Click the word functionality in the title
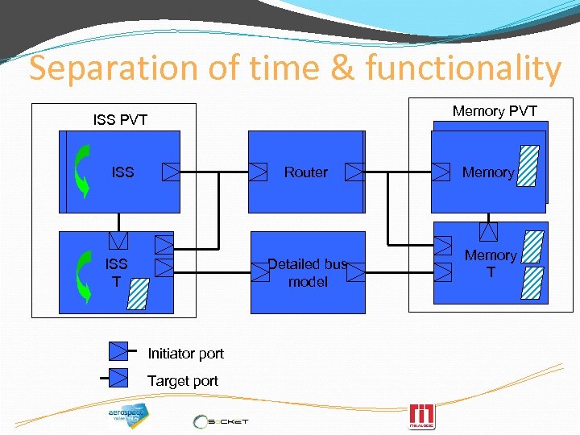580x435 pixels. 462,69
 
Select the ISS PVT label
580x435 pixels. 120,120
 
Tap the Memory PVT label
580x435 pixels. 494,110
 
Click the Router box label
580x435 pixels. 305,172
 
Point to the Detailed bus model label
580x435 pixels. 307,272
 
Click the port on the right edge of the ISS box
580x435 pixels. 172,171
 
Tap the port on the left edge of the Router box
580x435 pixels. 258,171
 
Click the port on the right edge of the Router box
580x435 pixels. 355,171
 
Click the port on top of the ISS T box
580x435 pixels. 118,240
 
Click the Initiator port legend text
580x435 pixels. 185,353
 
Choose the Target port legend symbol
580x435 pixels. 118,377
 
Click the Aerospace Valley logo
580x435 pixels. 128,413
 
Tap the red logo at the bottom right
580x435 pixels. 422,416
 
